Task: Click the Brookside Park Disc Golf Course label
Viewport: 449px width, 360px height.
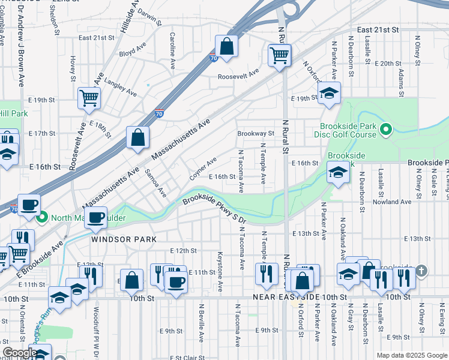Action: click(348, 130)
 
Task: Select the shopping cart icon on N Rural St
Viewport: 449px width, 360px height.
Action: click(280, 56)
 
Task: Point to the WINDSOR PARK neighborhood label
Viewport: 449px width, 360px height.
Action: click(124, 239)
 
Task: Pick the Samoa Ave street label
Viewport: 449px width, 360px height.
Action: click(155, 184)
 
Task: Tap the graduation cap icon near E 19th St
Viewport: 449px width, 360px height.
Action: click(328, 94)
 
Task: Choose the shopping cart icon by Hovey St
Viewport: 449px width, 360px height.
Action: click(89, 97)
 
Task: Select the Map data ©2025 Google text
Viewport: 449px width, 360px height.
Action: click(411, 355)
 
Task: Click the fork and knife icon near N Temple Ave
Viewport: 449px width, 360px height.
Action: click(264, 274)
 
